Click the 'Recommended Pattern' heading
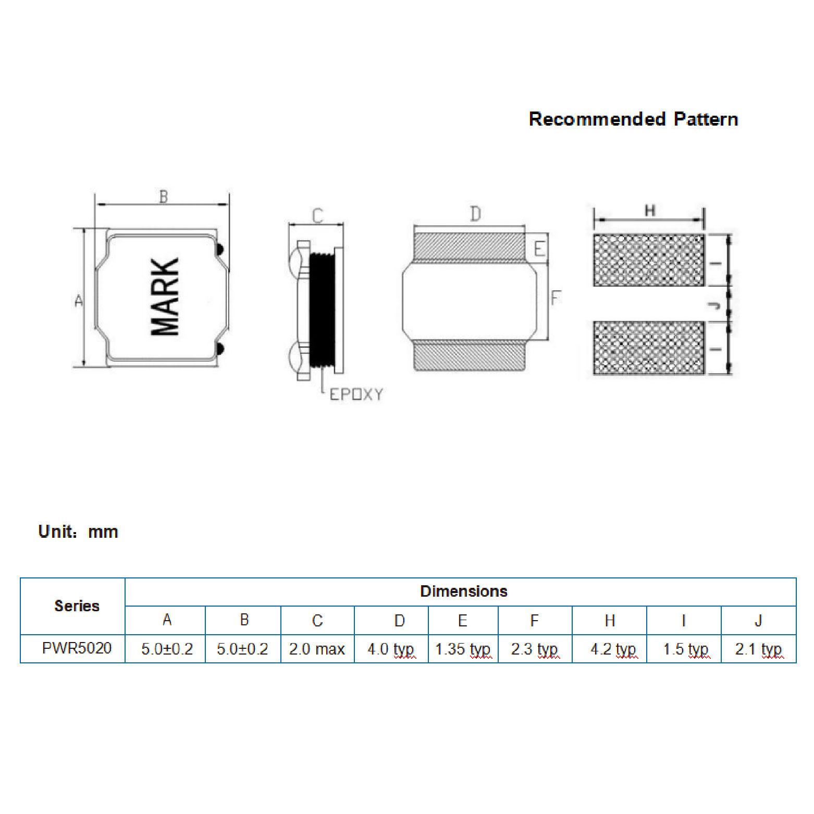(633, 119)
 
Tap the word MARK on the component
(165, 297)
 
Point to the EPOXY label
(356, 394)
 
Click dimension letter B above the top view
(164, 197)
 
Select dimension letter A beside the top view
(79, 300)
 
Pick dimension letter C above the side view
(317, 215)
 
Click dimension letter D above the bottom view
(475, 214)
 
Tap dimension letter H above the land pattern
(650, 211)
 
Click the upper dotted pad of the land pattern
(649, 260)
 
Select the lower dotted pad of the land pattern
(649, 348)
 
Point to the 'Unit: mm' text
(78, 532)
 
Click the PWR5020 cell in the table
(77, 648)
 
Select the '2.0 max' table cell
(317, 649)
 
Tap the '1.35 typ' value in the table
(463, 649)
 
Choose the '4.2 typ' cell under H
(613, 649)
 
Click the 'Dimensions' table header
(463, 591)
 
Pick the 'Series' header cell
(77, 606)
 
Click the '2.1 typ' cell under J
(758, 649)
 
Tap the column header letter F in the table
(534, 620)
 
